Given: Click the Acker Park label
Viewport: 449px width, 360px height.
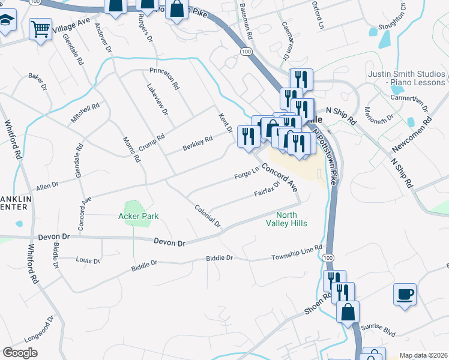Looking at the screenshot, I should point(138,216).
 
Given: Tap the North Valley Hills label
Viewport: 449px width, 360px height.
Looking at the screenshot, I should point(287,220).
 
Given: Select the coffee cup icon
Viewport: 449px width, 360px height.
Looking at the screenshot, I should point(405,294).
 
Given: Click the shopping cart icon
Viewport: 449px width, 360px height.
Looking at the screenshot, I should point(40,27).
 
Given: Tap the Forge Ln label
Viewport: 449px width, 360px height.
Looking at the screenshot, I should point(246,174).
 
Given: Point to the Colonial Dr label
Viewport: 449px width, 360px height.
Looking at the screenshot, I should point(208,215).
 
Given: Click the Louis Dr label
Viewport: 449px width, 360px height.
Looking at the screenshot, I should point(88,260).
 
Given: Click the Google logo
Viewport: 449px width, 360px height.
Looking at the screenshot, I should point(20,353).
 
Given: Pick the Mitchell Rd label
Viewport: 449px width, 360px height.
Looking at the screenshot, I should point(85,113).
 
